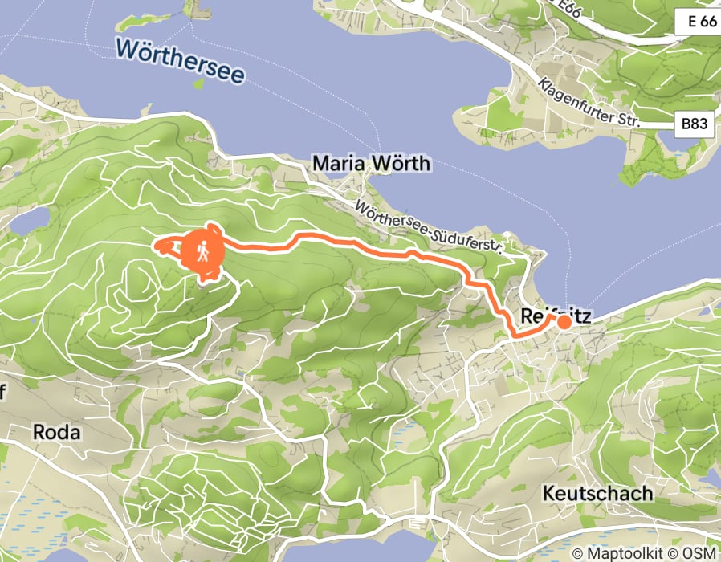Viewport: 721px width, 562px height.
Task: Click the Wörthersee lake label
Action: click(x=179, y=61)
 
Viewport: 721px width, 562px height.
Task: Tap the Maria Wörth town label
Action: click(x=371, y=164)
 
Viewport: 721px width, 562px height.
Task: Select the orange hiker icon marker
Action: click(x=203, y=251)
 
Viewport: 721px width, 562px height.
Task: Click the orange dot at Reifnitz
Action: click(x=564, y=322)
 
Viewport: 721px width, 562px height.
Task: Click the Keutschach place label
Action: click(x=597, y=492)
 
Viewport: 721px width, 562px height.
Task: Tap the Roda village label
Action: click(x=56, y=432)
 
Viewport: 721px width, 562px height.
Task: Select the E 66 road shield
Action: click(x=695, y=22)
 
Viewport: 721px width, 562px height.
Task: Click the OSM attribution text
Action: click(x=699, y=553)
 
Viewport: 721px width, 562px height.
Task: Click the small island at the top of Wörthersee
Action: click(x=192, y=9)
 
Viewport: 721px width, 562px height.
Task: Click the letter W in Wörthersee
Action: click(x=125, y=47)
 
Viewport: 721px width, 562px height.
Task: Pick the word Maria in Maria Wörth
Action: click(x=338, y=164)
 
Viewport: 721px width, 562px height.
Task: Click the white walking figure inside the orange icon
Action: click(x=203, y=251)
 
